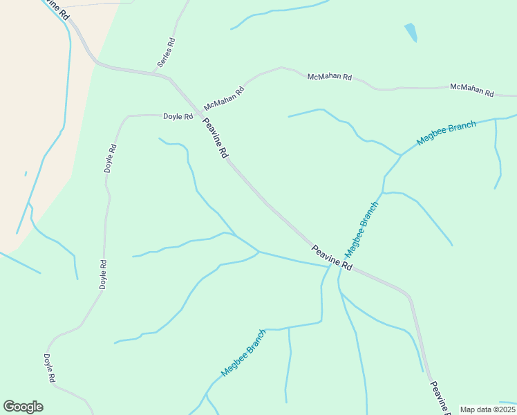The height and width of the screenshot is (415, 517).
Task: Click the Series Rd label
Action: [x=166, y=53]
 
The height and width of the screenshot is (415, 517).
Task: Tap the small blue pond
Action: [x=411, y=32]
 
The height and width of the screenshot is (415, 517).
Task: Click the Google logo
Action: [x=23, y=407]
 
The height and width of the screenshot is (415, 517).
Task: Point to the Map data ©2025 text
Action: [x=487, y=409]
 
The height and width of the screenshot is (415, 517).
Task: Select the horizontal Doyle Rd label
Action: [x=178, y=117]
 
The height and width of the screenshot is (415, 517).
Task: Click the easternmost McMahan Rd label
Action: [x=472, y=89]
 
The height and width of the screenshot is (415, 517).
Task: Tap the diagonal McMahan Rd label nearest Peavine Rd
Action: [x=225, y=100]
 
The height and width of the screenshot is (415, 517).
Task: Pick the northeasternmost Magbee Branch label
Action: [x=446, y=133]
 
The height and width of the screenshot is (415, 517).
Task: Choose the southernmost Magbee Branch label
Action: [x=243, y=353]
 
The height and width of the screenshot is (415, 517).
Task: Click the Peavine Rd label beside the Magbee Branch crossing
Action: [x=332, y=258]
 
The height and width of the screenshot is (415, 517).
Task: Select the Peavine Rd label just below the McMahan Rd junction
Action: [x=215, y=138]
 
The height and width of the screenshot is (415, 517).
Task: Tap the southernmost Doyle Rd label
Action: [x=49, y=369]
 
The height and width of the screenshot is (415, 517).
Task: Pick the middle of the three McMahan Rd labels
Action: [x=329, y=75]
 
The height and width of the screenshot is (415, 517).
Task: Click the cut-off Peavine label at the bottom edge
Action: [x=440, y=398]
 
